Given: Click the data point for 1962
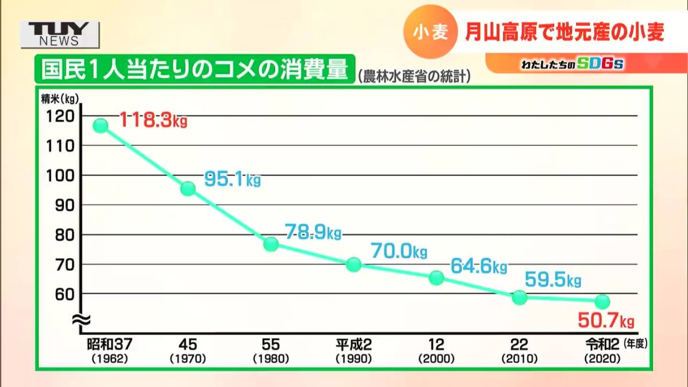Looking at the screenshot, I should pyautogui.click(x=100, y=126).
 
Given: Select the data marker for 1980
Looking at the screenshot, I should pyautogui.click(x=271, y=244).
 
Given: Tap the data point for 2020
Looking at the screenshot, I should pyautogui.click(x=602, y=301).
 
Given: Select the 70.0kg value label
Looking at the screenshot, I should pyautogui.click(x=399, y=251).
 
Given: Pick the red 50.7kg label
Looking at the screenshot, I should pyautogui.click(x=606, y=320).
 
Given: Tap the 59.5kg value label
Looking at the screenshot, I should pyautogui.click(x=553, y=279).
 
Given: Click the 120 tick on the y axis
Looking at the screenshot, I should pyautogui.click(x=61, y=116).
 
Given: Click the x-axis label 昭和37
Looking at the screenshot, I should pyautogui.click(x=109, y=344).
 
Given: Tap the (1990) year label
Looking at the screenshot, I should pyautogui.click(x=354, y=358).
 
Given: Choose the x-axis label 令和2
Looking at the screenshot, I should pyautogui.click(x=602, y=344).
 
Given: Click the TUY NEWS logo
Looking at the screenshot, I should pyautogui.click(x=60, y=34).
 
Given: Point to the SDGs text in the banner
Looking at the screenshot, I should pyautogui.click(x=600, y=64).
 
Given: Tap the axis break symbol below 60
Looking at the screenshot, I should pyautogui.click(x=81, y=319).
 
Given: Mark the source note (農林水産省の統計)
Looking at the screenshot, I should pyautogui.click(x=414, y=76).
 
